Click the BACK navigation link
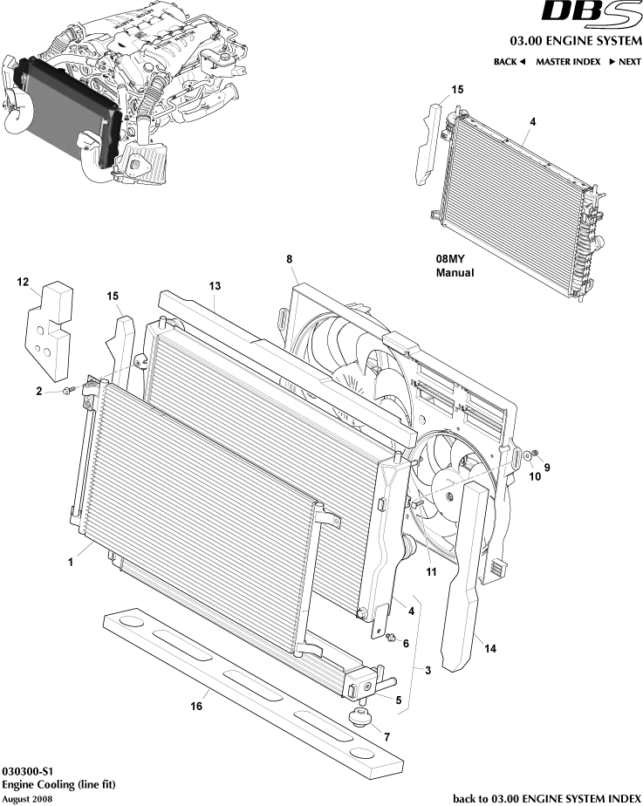[509, 62]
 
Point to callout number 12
[23, 282]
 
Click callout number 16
[197, 706]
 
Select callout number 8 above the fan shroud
[289, 259]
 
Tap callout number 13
[215, 286]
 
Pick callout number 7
[386, 737]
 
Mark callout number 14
[490, 649]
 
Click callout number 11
[430, 572]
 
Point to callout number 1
[69, 563]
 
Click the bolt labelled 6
[391, 642]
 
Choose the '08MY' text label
[450, 259]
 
